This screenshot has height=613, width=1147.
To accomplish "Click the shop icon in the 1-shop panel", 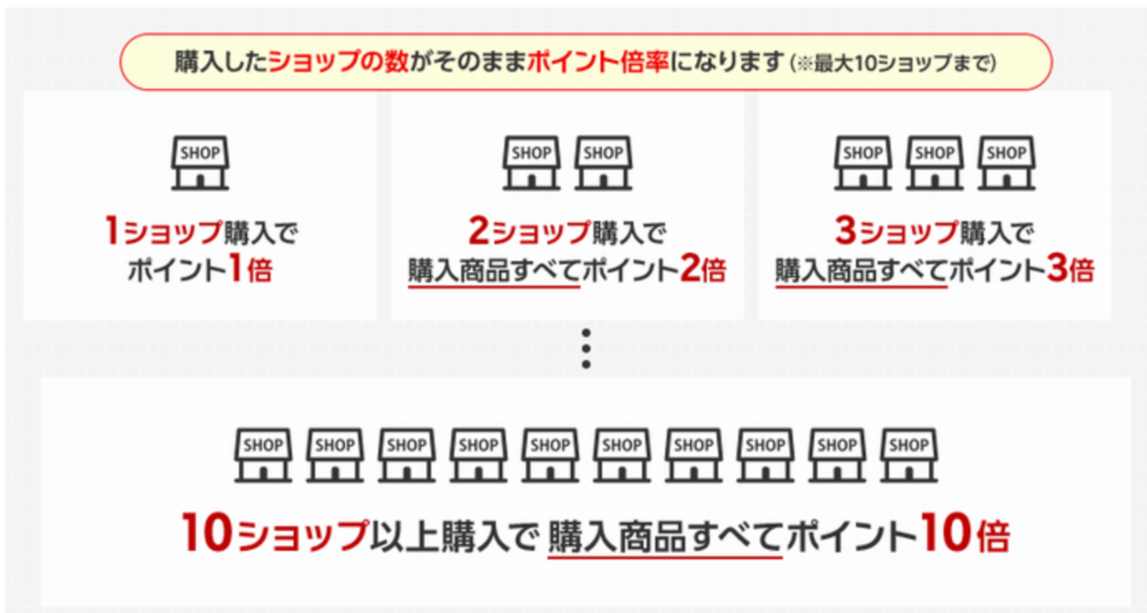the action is tap(200, 162).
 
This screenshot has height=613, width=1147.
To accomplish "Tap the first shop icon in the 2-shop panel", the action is tap(531, 162).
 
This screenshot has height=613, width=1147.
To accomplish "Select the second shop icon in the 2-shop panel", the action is tap(603, 162).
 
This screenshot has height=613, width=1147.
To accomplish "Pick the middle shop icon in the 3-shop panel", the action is tap(935, 162).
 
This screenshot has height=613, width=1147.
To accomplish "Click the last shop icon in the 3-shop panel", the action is tap(1006, 162).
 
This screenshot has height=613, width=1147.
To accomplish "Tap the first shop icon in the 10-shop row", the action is tap(263, 454).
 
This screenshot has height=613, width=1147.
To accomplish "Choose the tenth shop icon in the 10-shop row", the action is tap(909, 454).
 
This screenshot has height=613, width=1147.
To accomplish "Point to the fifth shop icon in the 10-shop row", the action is tap(550, 454).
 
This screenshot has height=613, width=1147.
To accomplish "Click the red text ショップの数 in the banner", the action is tap(338, 62).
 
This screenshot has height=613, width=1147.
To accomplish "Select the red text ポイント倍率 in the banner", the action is tap(597, 62).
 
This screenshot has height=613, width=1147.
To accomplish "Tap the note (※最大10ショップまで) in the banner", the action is tap(893, 63).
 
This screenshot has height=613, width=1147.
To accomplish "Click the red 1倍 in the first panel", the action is tap(250, 268).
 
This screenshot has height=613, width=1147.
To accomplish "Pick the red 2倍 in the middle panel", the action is tap(703, 268).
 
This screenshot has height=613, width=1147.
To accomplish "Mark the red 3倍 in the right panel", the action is tap(1071, 268).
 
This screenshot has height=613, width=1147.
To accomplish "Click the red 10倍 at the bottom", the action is tap(965, 533).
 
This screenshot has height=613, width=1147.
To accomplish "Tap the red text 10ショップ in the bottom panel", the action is tap(274, 533).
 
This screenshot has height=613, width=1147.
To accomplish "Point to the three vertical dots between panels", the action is tap(586, 349).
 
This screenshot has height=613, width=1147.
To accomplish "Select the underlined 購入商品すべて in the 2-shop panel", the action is tap(493, 270).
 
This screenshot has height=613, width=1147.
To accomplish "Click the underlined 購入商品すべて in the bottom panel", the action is tap(664, 537).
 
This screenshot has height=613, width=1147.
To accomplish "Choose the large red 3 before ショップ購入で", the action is tap(845, 230).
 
